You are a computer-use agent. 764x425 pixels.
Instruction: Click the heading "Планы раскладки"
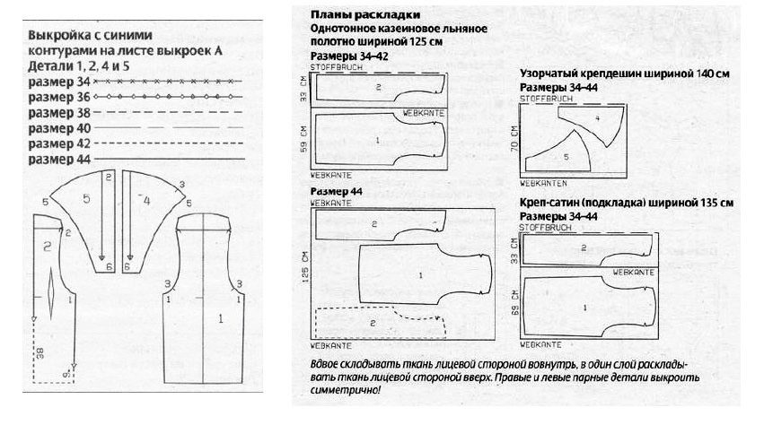(364, 16)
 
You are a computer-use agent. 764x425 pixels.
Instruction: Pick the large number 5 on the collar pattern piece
(87, 200)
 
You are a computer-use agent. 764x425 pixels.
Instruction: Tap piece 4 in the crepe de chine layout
(596, 118)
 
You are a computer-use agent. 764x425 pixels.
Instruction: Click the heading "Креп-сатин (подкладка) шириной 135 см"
(627, 204)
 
